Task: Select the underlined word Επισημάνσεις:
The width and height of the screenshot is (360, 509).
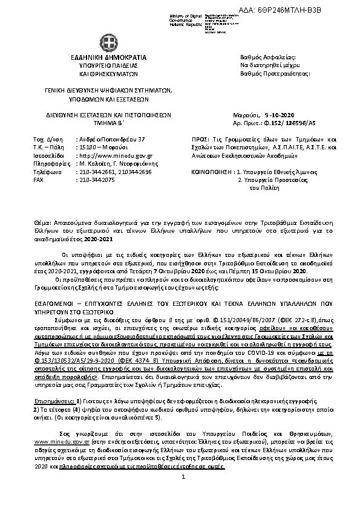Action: [52, 384]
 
